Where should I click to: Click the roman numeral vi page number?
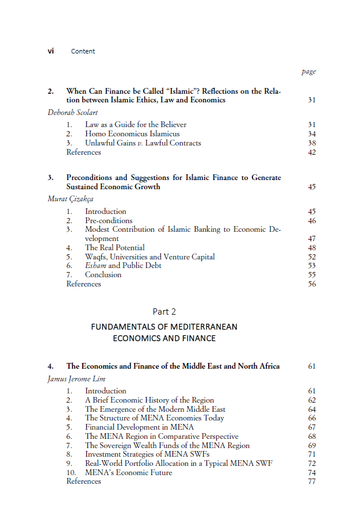point(51,51)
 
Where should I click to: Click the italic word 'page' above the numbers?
point(308,72)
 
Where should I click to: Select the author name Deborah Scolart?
point(72,113)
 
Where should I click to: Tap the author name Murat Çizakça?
point(70,199)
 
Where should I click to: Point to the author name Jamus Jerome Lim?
point(74,379)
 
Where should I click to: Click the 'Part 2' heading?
point(164,311)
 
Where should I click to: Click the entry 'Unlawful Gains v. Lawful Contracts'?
point(143,143)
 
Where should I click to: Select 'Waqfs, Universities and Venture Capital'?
point(150,257)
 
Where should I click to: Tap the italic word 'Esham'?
point(95,266)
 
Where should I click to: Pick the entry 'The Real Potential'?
point(114,247)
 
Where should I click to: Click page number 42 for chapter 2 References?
point(312,152)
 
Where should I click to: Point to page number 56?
point(312,284)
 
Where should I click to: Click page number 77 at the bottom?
point(312,481)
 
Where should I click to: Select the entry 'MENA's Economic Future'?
point(128,472)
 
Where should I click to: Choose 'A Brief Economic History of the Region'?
point(149,400)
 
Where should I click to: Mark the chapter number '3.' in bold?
point(51,178)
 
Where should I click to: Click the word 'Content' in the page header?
point(83,52)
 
